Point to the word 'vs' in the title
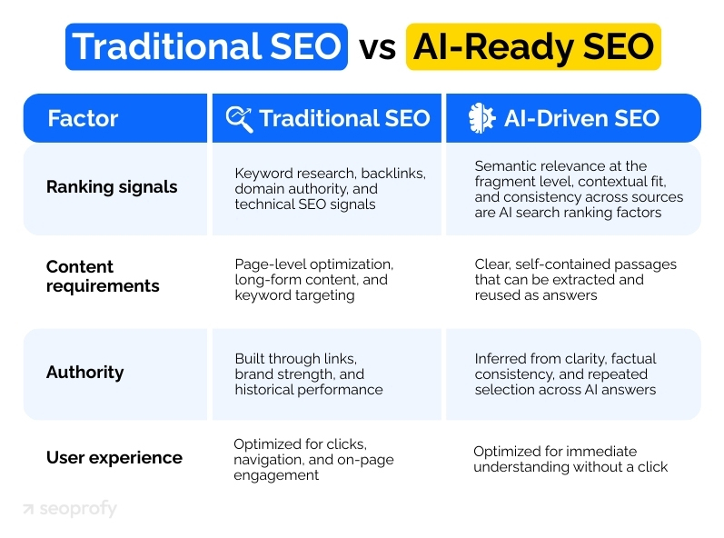point(376,48)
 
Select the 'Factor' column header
point(83,118)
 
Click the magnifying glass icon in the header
point(239,118)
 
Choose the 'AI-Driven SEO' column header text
point(581,118)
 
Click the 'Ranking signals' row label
point(112,188)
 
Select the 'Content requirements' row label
point(103,276)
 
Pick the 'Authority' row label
point(84,373)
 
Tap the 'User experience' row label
point(114,458)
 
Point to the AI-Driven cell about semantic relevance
point(579,189)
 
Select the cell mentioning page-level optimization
point(313,279)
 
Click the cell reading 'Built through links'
point(308,374)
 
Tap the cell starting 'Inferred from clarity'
point(564,374)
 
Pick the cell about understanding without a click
point(570,459)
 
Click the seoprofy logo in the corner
point(70,510)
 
